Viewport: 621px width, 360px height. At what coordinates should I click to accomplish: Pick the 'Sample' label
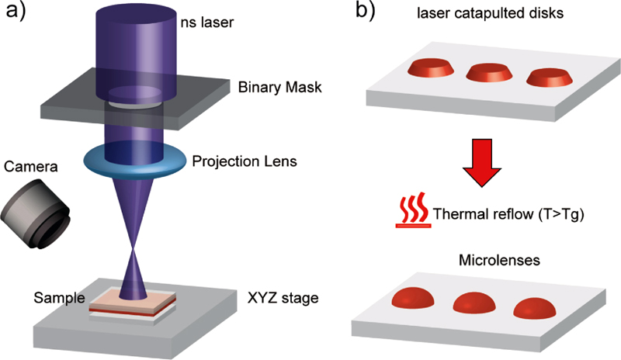point(55,298)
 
